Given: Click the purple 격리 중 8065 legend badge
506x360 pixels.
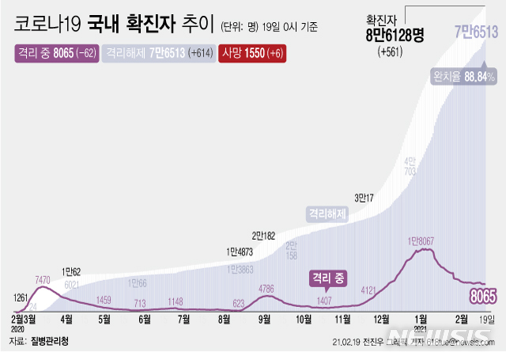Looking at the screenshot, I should pyautogui.click(x=55, y=53).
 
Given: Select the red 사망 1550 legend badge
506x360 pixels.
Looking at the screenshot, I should pyautogui.click(x=254, y=53).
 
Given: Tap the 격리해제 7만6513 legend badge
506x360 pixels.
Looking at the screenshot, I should pyautogui.click(x=155, y=53).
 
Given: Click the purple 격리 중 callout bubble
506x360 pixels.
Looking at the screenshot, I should pyautogui.click(x=331, y=279).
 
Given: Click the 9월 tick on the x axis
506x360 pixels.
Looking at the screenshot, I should pyautogui.click(x=263, y=319).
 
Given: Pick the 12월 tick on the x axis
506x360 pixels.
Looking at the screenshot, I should pyautogui.click(x=382, y=319).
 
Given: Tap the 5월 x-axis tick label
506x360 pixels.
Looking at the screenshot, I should pyautogui.click(x=104, y=319).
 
